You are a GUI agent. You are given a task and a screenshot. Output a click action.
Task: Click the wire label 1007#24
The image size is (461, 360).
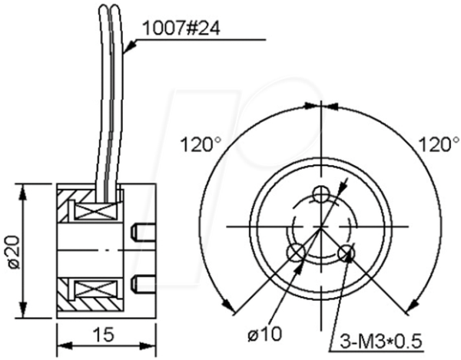point(181,28)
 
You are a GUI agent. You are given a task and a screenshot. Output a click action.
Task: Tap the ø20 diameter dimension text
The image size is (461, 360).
point(14,252)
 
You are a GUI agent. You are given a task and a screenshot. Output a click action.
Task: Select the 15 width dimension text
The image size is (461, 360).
point(104,335)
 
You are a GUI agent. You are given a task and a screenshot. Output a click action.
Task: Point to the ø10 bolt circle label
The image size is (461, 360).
point(264,334)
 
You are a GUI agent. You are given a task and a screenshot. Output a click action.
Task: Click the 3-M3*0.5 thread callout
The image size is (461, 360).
point(381,342)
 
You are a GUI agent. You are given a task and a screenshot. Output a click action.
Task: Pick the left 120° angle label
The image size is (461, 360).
point(201,144)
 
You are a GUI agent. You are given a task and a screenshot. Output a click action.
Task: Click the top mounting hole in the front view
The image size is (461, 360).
point(321,193)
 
